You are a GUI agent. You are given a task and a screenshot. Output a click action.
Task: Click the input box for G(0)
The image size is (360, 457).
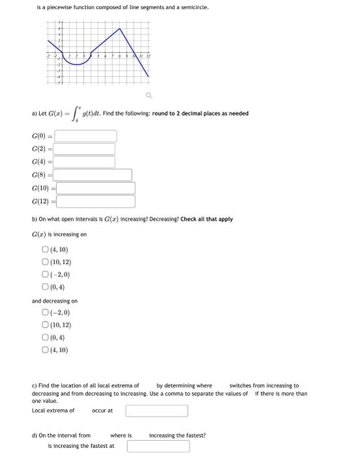pyautogui.click(x=85, y=136)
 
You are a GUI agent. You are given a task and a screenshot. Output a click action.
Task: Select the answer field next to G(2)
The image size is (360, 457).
pyautogui.click(x=85, y=149)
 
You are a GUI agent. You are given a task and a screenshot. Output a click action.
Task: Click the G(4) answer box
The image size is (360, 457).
pyautogui.click(x=85, y=162)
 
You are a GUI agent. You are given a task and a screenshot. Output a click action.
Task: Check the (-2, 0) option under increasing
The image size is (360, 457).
pyautogui.click(x=45, y=275)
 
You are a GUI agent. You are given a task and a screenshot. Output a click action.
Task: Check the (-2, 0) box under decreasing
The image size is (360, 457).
pyautogui.click(x=45, y=313)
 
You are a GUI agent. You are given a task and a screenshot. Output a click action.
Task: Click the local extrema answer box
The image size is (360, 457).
pyautogui.click(x=157, y=411)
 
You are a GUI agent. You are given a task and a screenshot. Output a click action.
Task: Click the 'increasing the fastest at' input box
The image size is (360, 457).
pyautogui.click(x=158, y=446)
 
